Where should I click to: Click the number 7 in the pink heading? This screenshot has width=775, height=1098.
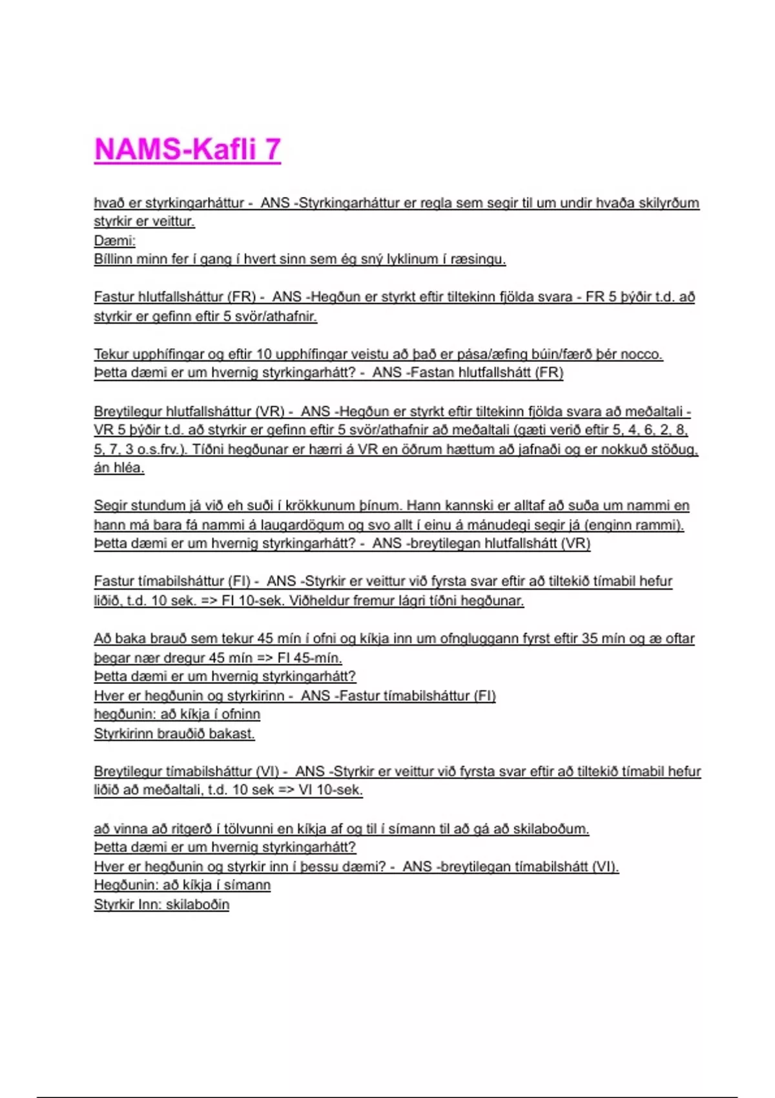pos(271,149)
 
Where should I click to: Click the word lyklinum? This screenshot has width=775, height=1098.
pos(411,260)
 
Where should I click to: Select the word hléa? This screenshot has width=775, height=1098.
pos(128,468)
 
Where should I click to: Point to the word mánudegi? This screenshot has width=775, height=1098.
pos(501,525)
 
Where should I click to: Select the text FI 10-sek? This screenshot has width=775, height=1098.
pos(252,601)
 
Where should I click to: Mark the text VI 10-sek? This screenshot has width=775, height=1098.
pos(329,790)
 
